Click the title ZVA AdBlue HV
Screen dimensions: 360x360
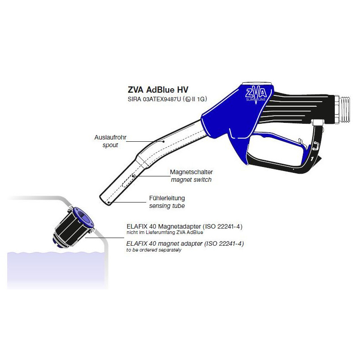(158, 90)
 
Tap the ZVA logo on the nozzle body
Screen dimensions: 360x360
(256, 94)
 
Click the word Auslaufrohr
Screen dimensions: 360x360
(110, 137)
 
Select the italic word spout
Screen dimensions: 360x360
(110, 145)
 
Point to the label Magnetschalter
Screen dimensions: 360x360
(191, 172)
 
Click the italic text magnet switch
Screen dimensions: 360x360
(191, 180)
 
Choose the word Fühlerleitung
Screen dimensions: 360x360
(167, 198)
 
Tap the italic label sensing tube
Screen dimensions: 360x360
(167, 206)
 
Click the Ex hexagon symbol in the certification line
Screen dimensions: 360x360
(188, 99)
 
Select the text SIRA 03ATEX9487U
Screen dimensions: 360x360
(154, 99)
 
